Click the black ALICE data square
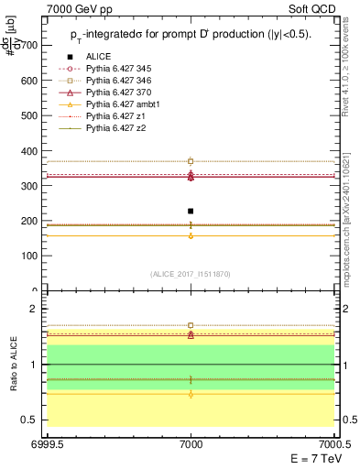pyautogui.click(x=191, y=211)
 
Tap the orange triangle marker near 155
pyautogui.click(x=191, y=235)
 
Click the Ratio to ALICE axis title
pyautogui.click(x=12, y=364)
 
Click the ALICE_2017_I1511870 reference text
pyautogui.click(x=191, y=274)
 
